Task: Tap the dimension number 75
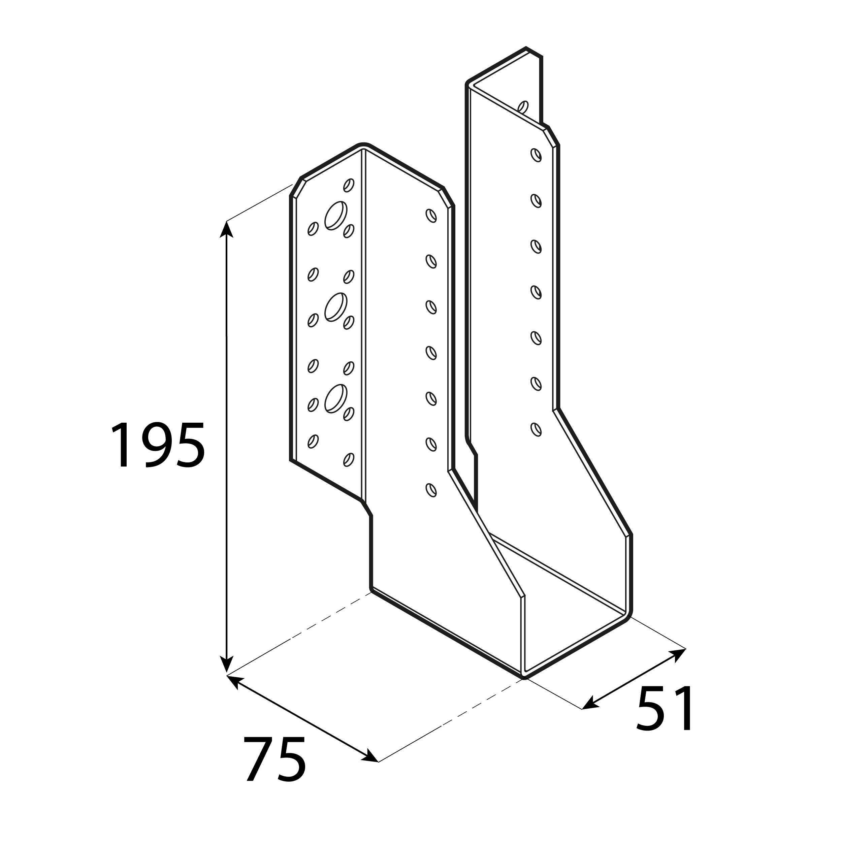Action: pos(274,759)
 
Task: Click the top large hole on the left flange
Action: pos(335,215)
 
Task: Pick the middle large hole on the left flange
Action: pos(335,307)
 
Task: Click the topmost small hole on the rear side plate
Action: pos(536,155)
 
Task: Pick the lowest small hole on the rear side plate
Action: pos(536,429)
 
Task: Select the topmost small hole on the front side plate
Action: pos(430,215)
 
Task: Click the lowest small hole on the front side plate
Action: pos(430,490)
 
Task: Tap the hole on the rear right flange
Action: pos(523,107)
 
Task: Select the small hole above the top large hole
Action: pos(348,185)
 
